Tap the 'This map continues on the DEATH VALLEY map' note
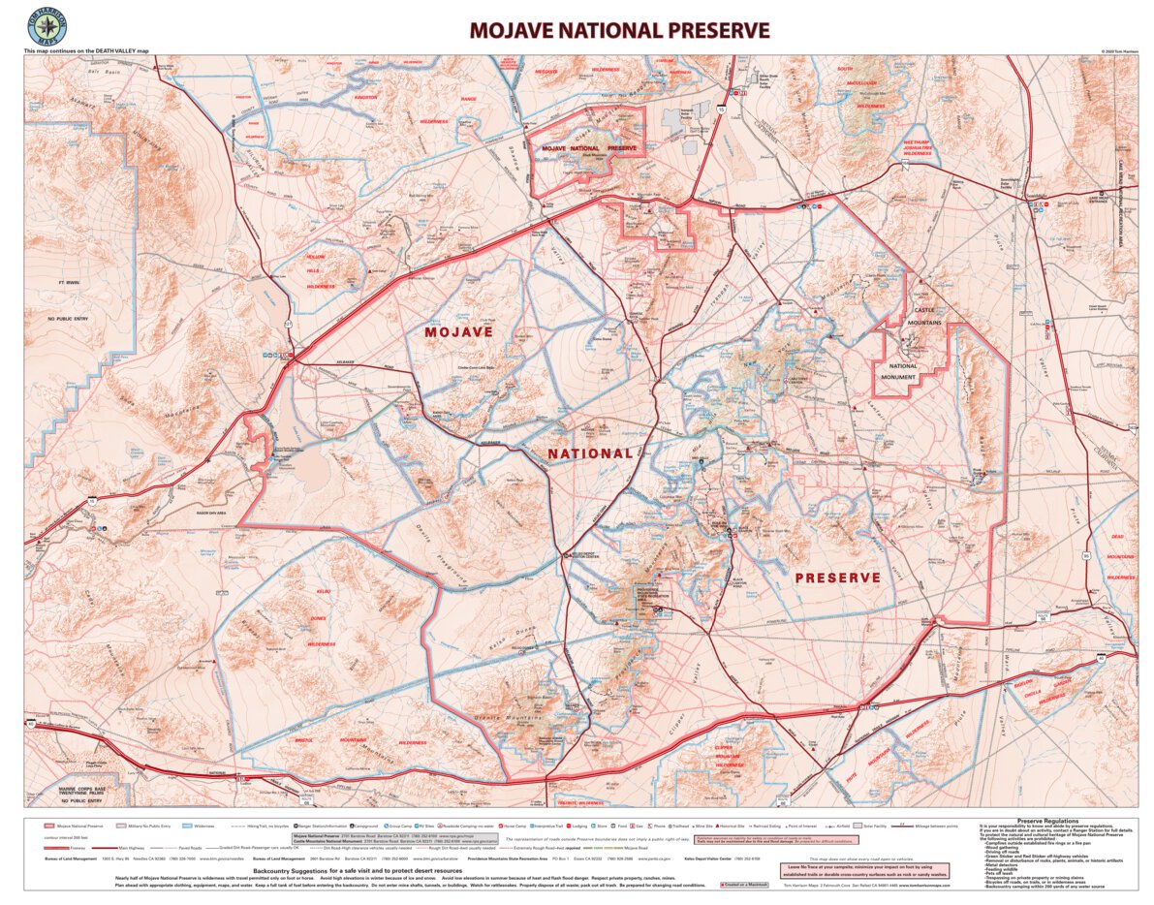87,50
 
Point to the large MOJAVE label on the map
458,331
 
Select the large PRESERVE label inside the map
837,577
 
